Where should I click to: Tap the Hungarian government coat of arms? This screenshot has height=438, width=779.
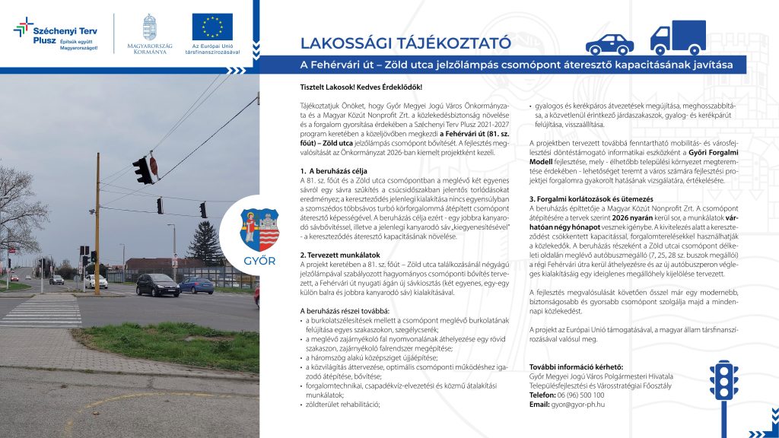(x=149, y=27)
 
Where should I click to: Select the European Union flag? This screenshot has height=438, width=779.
(x=212, y=27)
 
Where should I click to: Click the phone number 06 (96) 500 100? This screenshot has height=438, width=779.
(x=583, y=395)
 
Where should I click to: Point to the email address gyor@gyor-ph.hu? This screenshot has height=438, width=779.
(x=578, y=405)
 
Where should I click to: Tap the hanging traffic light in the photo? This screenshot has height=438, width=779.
(x=141, y=170)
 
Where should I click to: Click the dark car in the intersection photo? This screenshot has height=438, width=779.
(x=157, y=285)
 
